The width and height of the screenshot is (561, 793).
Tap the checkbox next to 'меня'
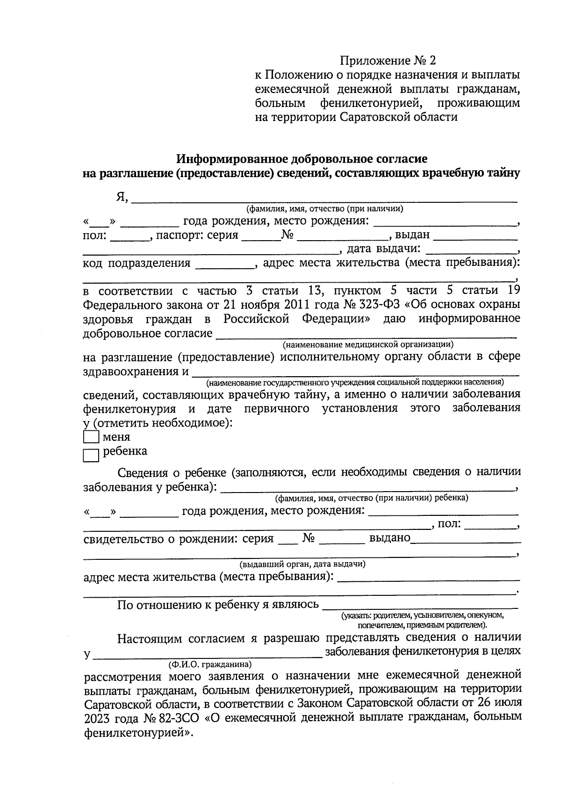click(x=91, y=437)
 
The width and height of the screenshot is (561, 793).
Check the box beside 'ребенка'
click(x=91, y=455)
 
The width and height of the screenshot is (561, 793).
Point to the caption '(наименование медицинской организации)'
click(x=367, y=345)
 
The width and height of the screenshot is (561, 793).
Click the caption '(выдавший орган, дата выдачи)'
click(x=302, y=564)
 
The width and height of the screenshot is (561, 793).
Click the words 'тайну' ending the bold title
click(x=504, y=173)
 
